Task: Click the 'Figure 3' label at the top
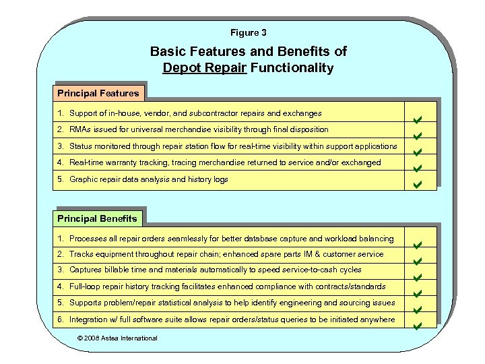249,32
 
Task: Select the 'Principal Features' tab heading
98,93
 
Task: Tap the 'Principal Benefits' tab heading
97,218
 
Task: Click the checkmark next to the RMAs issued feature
417,136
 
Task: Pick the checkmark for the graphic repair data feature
417,183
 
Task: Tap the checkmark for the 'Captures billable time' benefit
417,278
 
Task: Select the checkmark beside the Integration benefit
417,326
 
